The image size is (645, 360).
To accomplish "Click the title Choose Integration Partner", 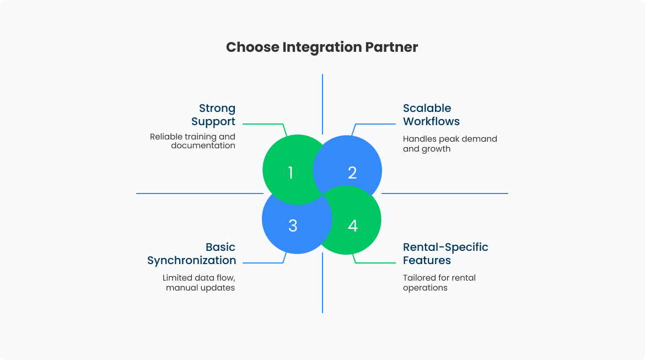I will pyautogui.click(x=322, y=47).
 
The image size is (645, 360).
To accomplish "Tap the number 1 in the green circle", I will pyautogui.click(x=291, y=173).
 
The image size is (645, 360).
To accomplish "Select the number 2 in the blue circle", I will pyautogui.click(x=352, y=173).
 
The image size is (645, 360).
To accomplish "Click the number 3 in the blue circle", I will pyautogui.click(x=293, y=225).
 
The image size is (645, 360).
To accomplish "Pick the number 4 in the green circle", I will pyautogui.click(x=353, y=225).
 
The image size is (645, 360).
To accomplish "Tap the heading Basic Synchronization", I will pyautogui.click(x=192, y=254).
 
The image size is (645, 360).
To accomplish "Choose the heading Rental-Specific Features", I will pyautogui.click(x=445, y=254).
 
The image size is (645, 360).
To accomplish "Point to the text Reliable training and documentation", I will pyautogui.click(x=192, y=141).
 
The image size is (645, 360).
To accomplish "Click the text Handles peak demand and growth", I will pyautogui.click(x=449, y=144).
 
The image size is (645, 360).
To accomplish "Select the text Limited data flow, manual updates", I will pyautogui.click(x=198, y=283).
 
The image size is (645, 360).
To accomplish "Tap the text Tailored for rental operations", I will pyautogui.click(x=439, y=283).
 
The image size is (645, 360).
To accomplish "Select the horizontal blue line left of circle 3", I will pyautogui.click(x=198, y=194).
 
